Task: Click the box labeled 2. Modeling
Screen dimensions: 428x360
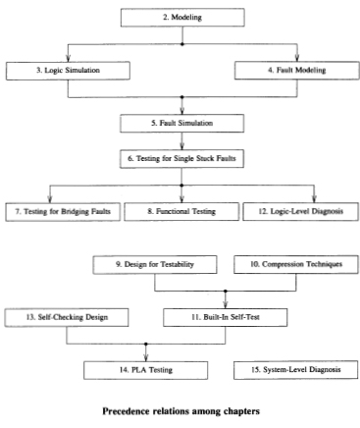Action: pyautogui.click(x=179, y=17)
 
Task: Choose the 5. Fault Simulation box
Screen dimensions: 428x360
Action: pyautogui.click(x=179, y=123)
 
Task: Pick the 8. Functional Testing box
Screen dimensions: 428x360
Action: pyautogui.click(x=179, y=211)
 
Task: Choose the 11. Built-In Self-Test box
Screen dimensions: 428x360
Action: pyautogui.click(x=227, y=316)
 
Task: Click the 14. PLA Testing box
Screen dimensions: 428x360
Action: pyautogui.click(x=147, y=369)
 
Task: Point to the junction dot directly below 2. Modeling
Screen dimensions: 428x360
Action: pyautogui.click(x=179, y=44)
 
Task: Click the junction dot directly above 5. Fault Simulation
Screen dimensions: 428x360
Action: pyautogui.click(x=179, y=97)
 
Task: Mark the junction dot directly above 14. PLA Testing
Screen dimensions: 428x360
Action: pyautogui.click(x=147, y=344)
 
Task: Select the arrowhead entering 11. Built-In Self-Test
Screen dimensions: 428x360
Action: pyautogui.click(x=227, y=303)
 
